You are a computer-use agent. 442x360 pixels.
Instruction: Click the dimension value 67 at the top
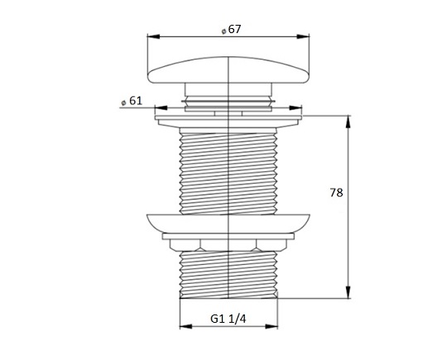click(x=233, y=28)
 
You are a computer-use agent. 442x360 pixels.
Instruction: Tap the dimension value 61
click(x=137, y=100)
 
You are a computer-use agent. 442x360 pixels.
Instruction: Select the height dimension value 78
click(x=336, y=193)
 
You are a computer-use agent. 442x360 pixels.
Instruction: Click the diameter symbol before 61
click(x=123, y=101)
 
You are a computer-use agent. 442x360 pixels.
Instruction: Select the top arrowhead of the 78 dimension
click(x=348, y=119)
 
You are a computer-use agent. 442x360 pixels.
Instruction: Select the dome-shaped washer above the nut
click(x=227, y=222)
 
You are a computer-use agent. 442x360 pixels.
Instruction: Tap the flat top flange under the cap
click(x=227, y=119)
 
